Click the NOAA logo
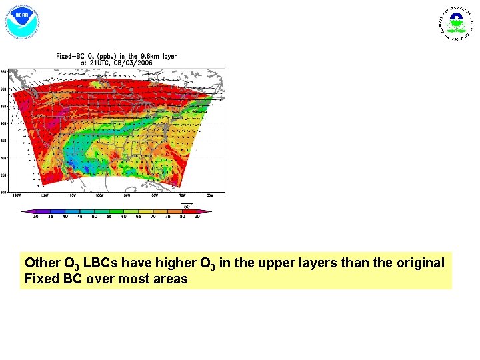tap(23, 21)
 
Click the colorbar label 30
tap(35, 217)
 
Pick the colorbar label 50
tap(95, 217)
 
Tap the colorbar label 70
tap(153, 217)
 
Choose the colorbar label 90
tap(197, 217)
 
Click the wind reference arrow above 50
tap(187, 203)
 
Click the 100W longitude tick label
tap(99, 195)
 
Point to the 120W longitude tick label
tap(44, 195)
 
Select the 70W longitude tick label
tap(181, 195)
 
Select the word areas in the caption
tap(171, 279)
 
